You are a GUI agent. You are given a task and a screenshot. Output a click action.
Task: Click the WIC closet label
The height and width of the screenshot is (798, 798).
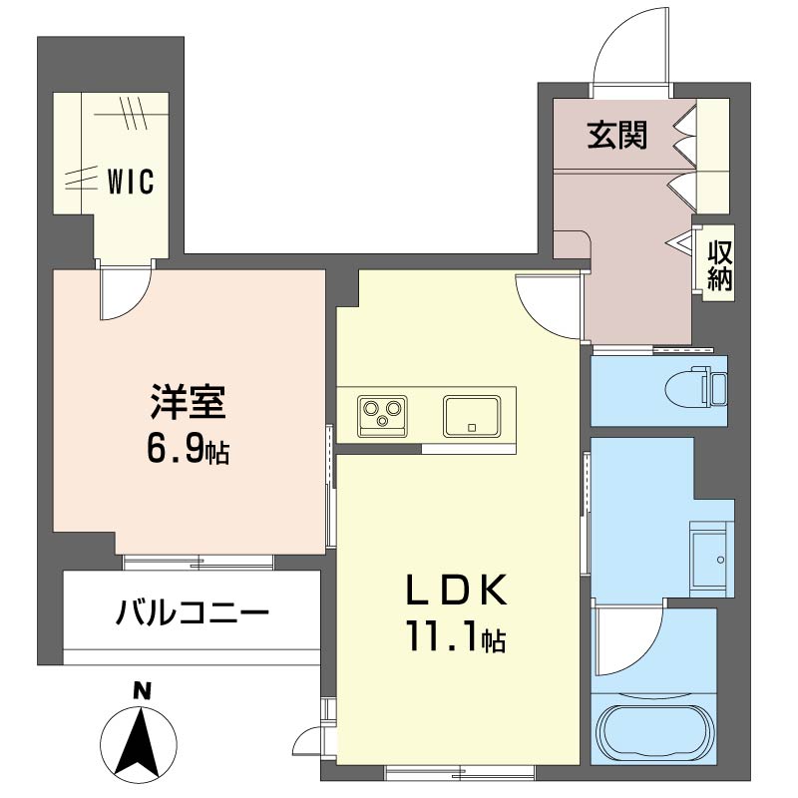tap(130, 183)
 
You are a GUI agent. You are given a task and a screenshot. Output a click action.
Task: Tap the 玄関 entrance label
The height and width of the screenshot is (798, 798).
tap(616, 135)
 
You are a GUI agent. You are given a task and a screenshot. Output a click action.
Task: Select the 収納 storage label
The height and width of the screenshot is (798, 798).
tap(720, 265)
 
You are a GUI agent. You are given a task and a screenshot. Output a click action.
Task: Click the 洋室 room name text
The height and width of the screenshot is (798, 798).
tap(190, 404)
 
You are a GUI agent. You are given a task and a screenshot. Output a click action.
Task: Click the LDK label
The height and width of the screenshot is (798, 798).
tap(456, 591)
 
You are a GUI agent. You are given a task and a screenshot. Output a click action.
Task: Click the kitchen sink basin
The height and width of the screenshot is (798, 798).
tap(472, 415)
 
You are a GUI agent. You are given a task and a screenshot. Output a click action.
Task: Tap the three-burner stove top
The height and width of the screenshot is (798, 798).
tap(381, 413)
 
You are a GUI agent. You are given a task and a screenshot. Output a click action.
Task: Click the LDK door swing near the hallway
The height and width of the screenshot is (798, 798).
tap(547, 304)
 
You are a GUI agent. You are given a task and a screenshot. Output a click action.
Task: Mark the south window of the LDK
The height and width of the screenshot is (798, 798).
tap(459, 770)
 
